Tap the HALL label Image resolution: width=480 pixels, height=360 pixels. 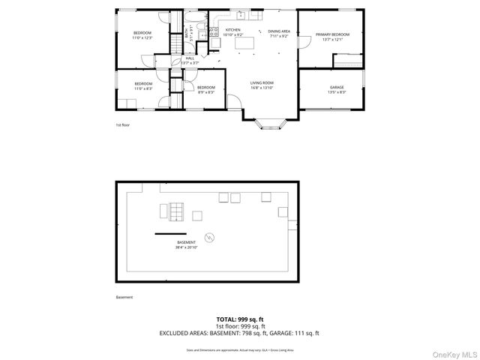point(190,58)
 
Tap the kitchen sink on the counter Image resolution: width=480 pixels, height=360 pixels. point(241,15)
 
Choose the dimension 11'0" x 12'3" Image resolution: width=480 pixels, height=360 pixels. point(142,37)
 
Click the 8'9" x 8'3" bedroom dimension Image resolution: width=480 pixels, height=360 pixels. point(206,92)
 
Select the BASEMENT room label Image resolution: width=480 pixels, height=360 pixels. point(186,242)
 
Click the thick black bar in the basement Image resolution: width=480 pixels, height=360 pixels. point(170,234)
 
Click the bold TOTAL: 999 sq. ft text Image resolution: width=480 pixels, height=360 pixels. point(240,319)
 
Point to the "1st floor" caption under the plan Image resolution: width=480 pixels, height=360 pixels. point(122,125)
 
